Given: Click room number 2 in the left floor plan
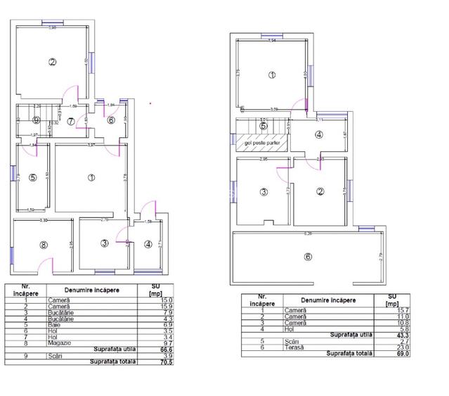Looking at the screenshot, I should click(x=52, y=62).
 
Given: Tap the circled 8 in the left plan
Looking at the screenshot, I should click(x=44, y=245).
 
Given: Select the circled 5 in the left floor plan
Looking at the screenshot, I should click(x=32, y=178).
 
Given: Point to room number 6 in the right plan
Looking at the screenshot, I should click(x=308, y=256).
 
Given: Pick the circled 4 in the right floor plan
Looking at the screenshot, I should click(x=318, y=135).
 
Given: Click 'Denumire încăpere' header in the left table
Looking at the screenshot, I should click(x=91, y=290).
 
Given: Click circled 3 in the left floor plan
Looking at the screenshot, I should click(x=104, y=243).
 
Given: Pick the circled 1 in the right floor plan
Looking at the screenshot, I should click(x=272, y=75).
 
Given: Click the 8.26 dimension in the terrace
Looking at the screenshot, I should click(x=307, y=234).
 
